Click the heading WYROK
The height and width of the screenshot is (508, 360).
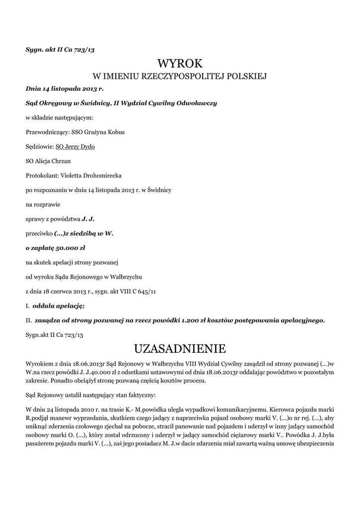click(x=180, y=63)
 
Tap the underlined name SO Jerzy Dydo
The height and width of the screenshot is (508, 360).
click(x=75, y=147)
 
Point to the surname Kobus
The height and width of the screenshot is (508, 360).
click(x=115, y=132)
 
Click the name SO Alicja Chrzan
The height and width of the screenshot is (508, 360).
click(x=48, y=161)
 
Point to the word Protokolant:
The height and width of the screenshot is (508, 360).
click(x=42, y=176)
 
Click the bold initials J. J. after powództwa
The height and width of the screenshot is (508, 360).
click(x=88, y=219)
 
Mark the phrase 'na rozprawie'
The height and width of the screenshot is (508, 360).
click(x=42, y=204)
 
